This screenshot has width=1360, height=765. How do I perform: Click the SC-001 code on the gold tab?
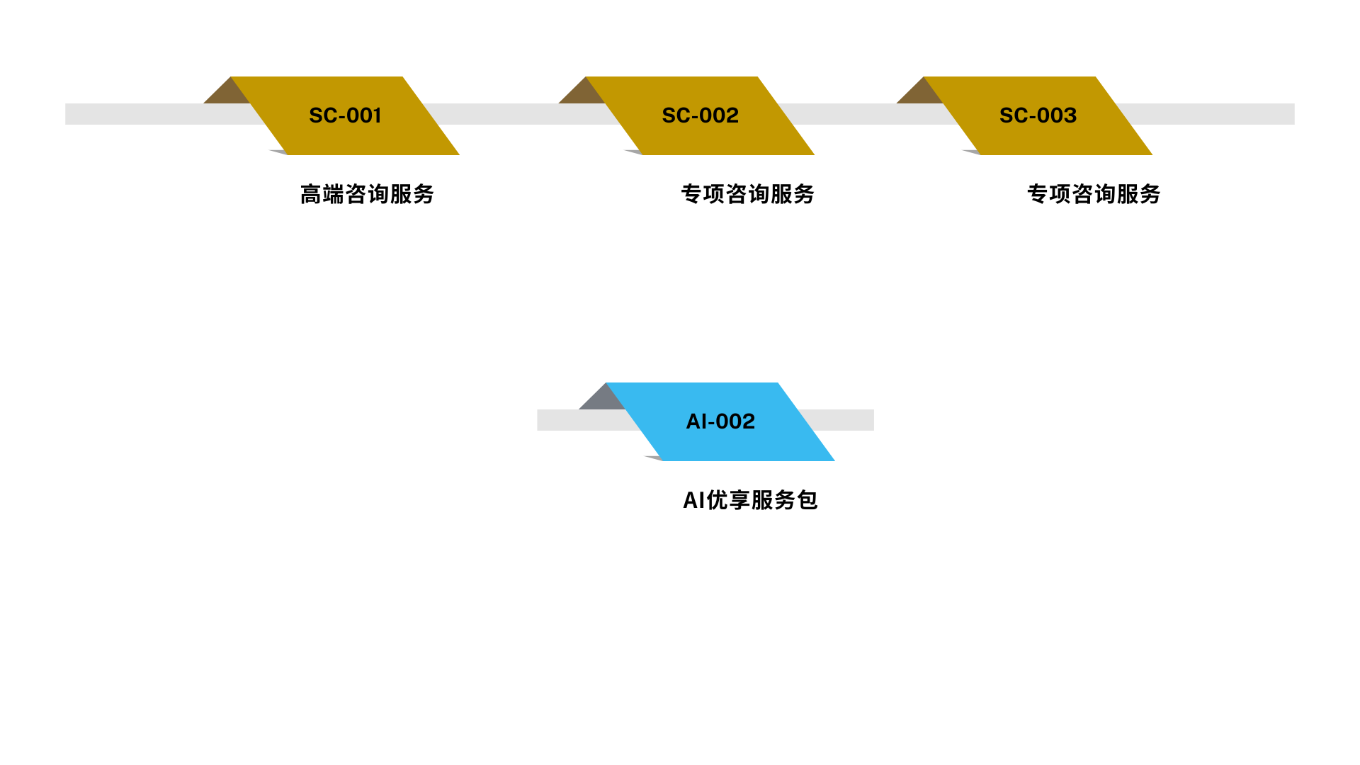[x=345, y=115]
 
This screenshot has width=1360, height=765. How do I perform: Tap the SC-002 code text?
[x=700, y=115]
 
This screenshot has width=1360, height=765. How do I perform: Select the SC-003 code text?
[x=1038, y=115]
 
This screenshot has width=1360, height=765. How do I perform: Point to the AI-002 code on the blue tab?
[x=720, y=421]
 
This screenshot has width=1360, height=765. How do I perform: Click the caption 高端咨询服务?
[x=367, y=194]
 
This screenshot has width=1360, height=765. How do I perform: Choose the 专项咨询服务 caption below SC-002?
[x=747, y=194]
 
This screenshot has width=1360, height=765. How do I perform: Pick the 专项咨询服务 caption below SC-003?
[x=1094, y=194]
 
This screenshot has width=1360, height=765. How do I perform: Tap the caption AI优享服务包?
[x=750, y=500]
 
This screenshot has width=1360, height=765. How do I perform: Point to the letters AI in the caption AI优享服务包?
[x=693, y=500]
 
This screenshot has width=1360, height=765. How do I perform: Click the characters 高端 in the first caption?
[x=322, y=194]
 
